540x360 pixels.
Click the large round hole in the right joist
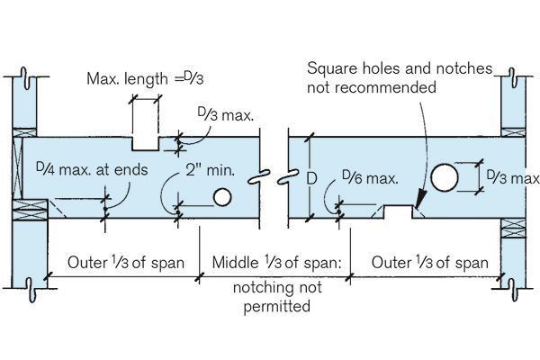point(444,177)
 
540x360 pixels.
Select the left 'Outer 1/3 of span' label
point(126,264)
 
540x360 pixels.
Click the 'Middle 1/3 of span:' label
point(277,264)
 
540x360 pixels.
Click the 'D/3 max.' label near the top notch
point(221,115)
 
